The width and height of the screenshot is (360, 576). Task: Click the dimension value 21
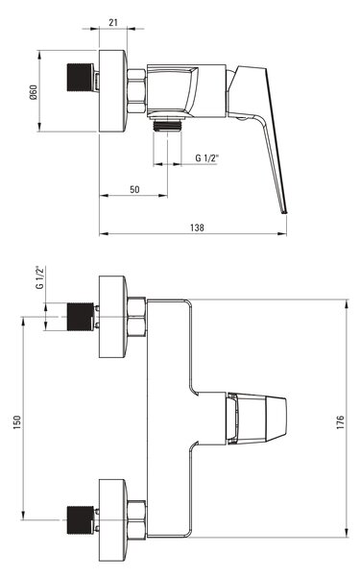click(113, 22)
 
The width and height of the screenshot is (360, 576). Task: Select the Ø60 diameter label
click(34, 92)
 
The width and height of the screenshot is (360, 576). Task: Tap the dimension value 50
click(134, 189)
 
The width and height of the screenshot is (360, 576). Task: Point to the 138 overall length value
click(197, 228)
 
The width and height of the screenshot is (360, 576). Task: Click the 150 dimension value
click(17, 422)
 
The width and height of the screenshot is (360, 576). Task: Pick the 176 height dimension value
click(341, 422)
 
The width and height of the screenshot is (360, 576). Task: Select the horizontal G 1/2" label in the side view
click(206, 158)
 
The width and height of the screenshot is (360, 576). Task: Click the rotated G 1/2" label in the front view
click(40, 277)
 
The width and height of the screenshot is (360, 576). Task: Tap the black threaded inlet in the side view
click(80, 77)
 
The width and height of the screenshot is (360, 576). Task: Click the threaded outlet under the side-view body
click(167, 125)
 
